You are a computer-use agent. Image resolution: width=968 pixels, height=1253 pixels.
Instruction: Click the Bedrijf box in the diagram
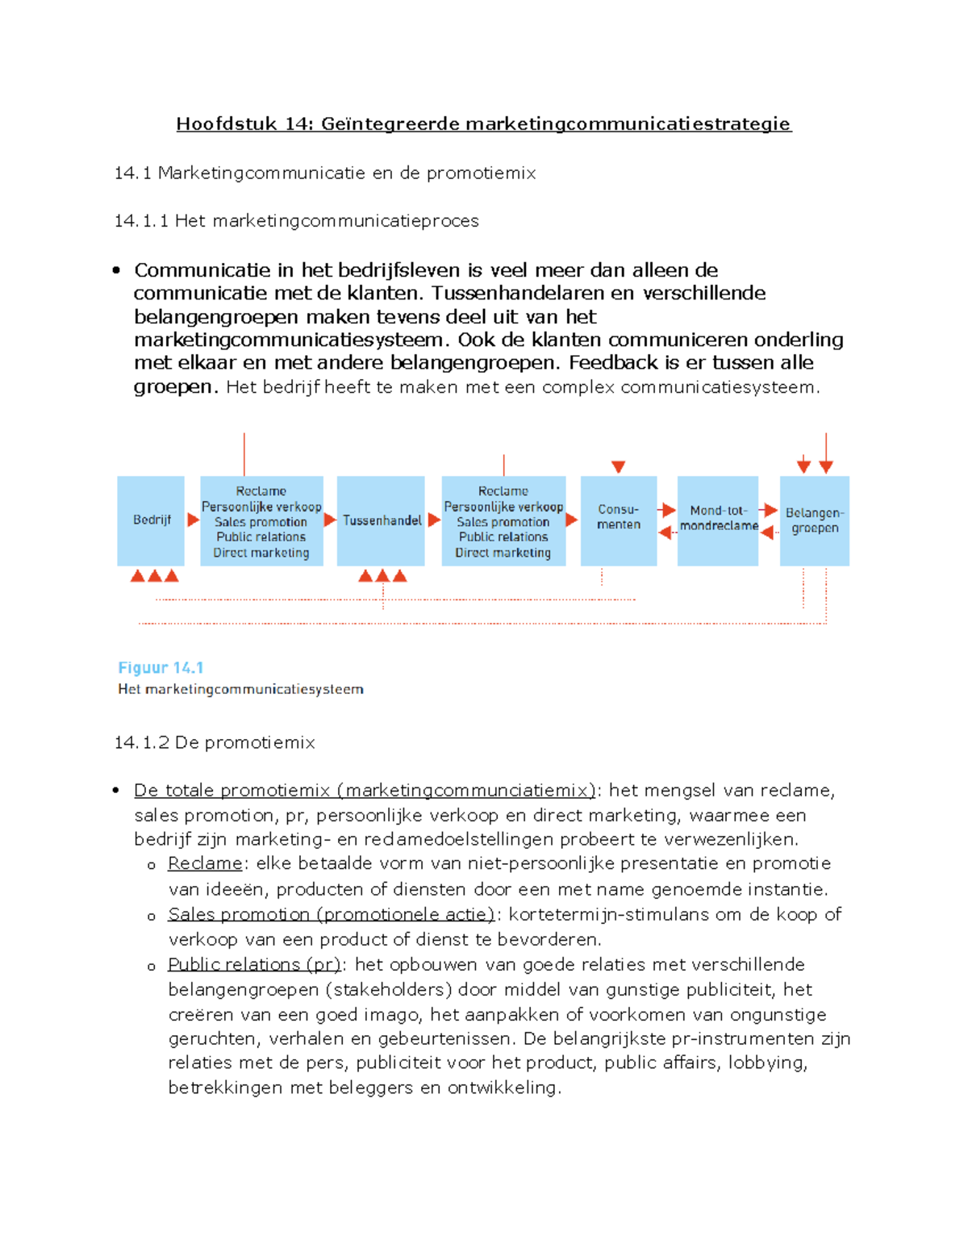[151, 520]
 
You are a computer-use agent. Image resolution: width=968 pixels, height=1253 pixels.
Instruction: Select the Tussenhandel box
[381, 520]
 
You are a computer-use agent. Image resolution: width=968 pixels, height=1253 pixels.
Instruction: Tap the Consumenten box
[618, 520]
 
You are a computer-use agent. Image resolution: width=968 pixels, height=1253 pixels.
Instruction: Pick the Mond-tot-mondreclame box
[718, 520]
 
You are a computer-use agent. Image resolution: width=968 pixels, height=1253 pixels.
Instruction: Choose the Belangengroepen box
[814, 520]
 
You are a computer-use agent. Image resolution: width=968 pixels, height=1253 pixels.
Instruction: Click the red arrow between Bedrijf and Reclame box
[193, 520]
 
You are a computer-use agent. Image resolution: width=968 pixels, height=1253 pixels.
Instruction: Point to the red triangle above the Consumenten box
[618, 466]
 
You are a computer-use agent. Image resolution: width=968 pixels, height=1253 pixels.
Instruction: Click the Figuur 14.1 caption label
[161, 667]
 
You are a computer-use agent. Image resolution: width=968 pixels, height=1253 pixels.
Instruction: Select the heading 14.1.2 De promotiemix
[215, 742]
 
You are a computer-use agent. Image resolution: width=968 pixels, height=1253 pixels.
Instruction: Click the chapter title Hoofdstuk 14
[484, 123]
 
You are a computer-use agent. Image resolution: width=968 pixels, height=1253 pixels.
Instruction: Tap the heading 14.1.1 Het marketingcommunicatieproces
[296, 221]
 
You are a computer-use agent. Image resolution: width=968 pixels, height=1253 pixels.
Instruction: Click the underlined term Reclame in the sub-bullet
[205, 863]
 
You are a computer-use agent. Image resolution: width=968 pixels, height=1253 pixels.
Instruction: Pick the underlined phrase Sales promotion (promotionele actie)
[331, 914]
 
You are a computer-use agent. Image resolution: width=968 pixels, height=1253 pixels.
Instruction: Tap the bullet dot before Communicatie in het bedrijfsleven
[117, 270]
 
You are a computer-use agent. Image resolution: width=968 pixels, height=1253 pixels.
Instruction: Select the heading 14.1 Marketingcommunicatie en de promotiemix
[325, 173]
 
